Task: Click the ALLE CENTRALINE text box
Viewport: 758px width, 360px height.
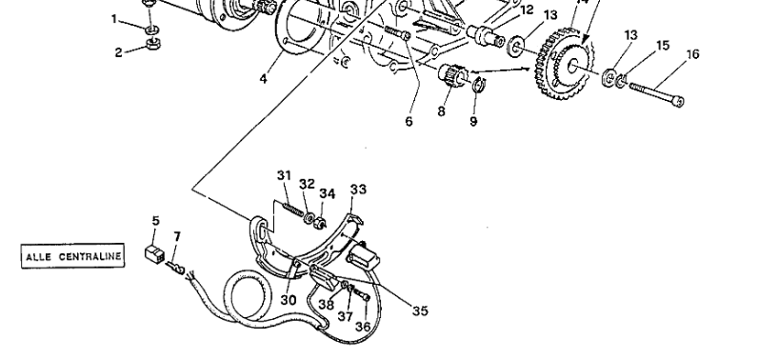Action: (70, 256)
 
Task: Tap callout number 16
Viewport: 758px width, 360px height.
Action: (692, 54)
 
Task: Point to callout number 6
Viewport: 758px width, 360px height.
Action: (409, 122)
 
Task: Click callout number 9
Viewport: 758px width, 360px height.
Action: (473, 122)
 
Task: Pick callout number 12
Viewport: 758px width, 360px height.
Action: (527, 10)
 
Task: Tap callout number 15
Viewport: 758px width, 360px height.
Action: (663, 45)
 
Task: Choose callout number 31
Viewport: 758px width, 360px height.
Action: (283, 174)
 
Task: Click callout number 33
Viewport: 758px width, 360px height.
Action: (357, 190)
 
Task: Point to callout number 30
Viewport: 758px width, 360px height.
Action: (288, 299)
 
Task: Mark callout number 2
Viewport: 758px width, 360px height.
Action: (120, 51)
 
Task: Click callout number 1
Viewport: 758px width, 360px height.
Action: (115, 18)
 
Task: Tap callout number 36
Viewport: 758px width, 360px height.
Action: (363, 326)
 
